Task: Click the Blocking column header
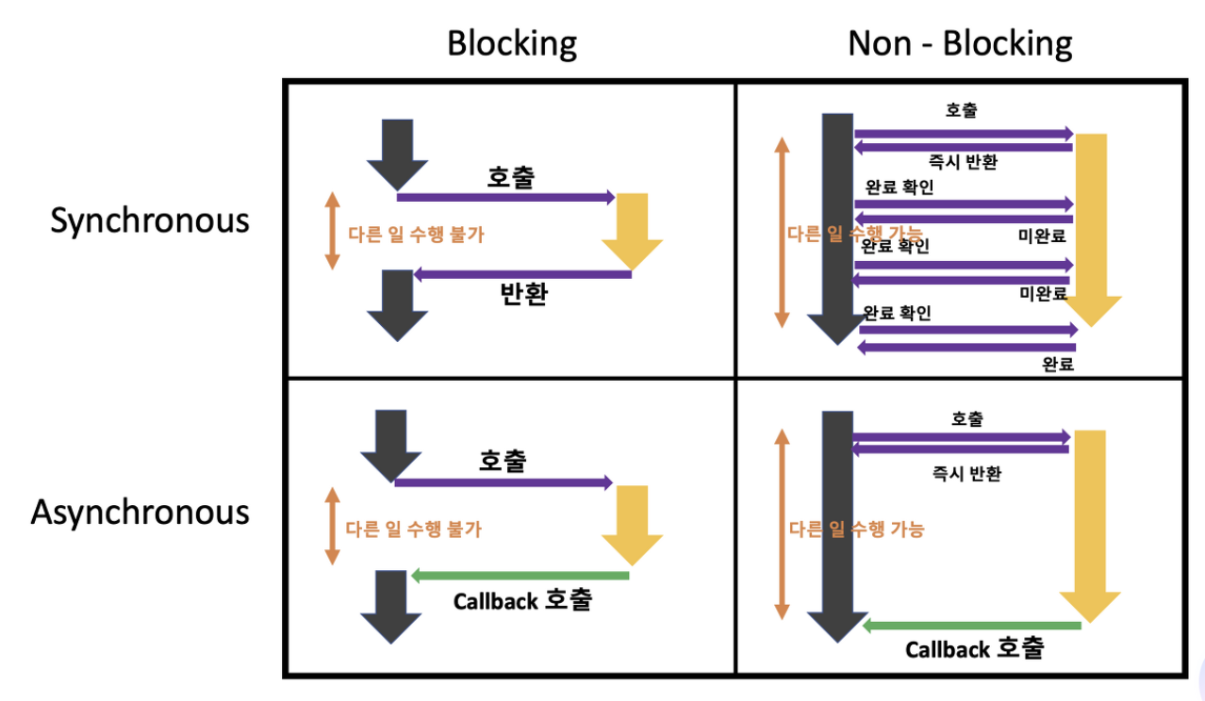click(511, 43)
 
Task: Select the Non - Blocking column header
click(960, 43)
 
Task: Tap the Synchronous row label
click(150, 220)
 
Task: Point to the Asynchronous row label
click(140, 513)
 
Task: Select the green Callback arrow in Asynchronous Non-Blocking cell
click(972, 626)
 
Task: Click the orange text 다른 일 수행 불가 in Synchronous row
click(416, 235)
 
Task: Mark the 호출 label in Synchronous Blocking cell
click(510, 177)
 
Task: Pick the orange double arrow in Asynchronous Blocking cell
click(331, 526)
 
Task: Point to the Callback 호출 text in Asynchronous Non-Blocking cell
click(975, 649)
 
